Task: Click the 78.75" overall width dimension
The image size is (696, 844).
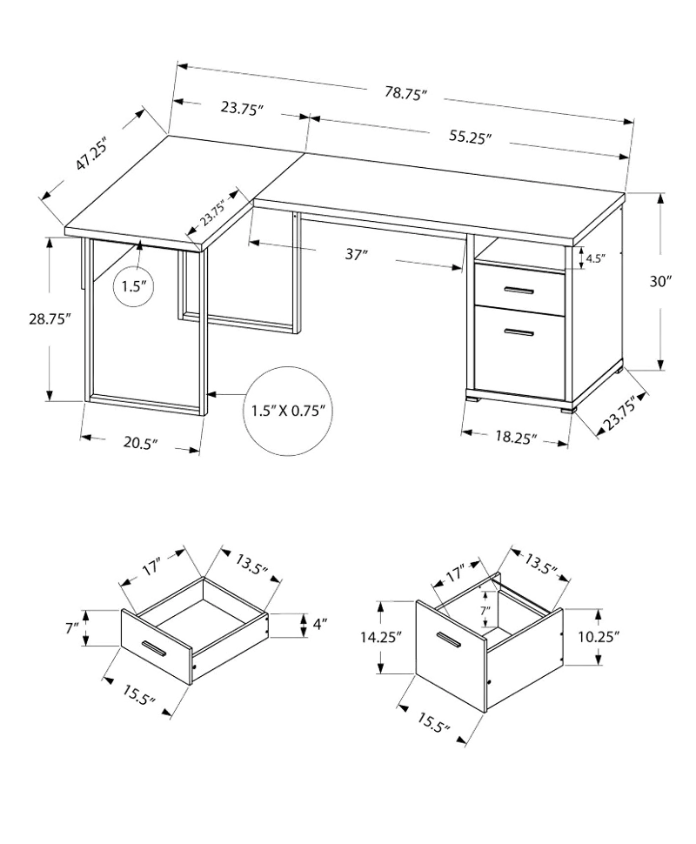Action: [406, 92]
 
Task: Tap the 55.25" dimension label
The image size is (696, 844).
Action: [471, 137]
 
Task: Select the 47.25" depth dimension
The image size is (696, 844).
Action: [91, 155]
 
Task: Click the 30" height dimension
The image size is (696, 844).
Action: [660, 281]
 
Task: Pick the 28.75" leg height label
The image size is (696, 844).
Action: [50, 319]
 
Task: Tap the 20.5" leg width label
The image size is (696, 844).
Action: [140, 443]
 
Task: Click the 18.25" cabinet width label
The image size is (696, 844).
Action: [516, 437]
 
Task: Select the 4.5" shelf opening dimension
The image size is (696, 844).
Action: [596, 258]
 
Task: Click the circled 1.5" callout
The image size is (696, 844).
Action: [133, 285]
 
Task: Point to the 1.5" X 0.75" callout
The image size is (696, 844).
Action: [289, 412]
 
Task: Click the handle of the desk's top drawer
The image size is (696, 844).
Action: [519, 291]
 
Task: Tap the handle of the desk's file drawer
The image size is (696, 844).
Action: [519, 333]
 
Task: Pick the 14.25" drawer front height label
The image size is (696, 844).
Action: [381, 638]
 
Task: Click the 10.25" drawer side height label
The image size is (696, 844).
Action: [599, 637]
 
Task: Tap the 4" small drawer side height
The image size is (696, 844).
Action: [320, 625]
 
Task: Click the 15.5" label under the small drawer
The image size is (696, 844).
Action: [138, 695]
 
